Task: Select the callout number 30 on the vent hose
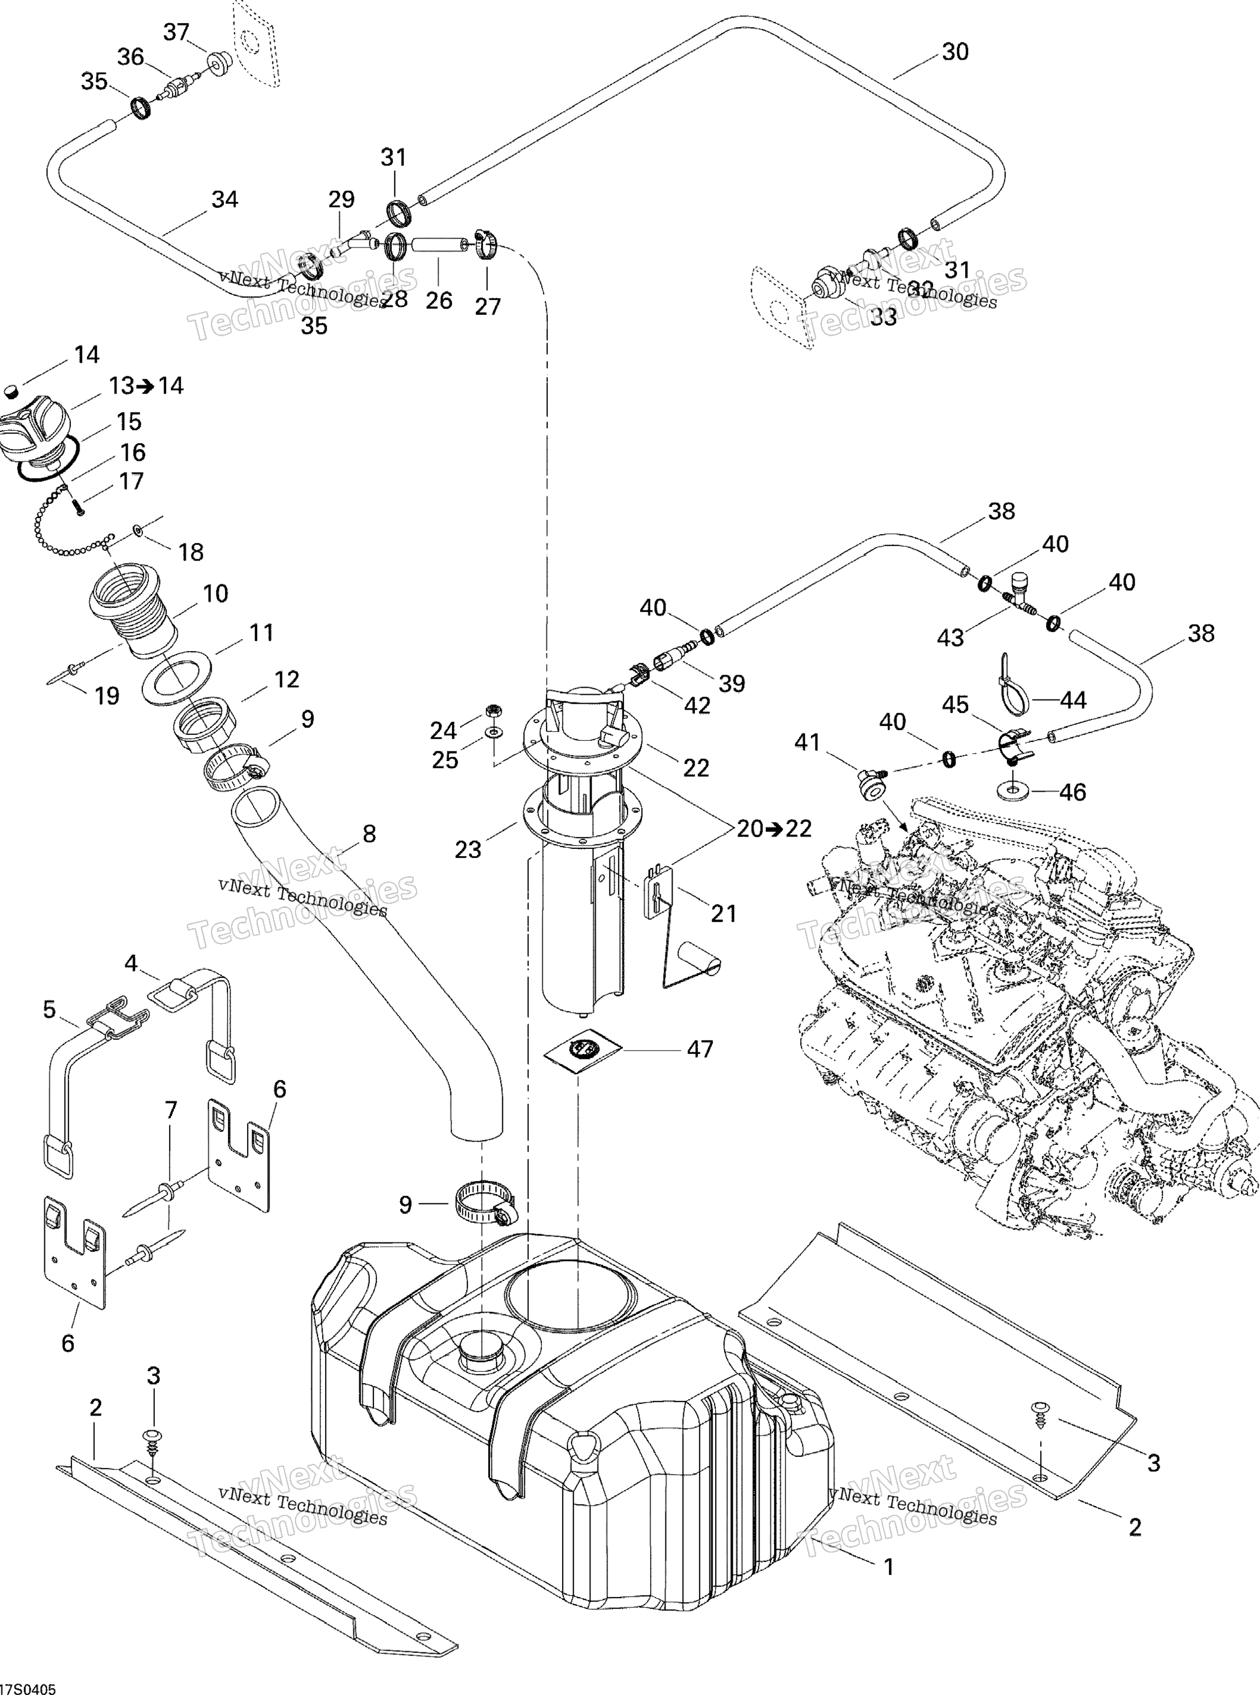955,52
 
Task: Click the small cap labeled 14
11,391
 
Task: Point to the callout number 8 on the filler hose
369,834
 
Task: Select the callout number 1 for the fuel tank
888,1567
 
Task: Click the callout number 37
176,32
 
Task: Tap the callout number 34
224,199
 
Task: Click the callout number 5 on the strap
50,1010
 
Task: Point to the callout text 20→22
774,828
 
